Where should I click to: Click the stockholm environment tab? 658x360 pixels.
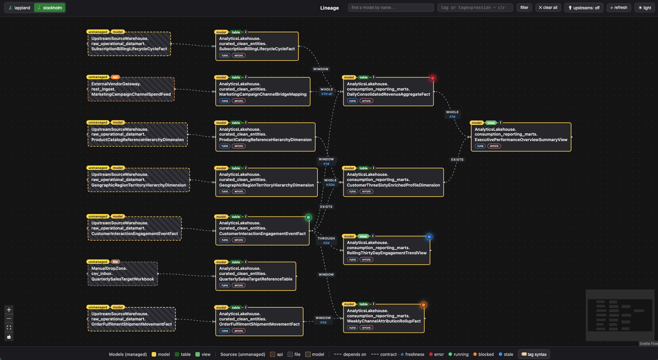tap(50, 8)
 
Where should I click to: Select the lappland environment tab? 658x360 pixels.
tap(19, 8)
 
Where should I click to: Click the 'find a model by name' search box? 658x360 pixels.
tap(391, 8)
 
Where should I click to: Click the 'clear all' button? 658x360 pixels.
tap(548, 8)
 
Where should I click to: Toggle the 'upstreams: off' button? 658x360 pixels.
tap(584, 8)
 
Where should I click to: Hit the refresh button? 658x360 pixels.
tap(618, 8)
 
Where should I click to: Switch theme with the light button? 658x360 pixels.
tap(645, 8)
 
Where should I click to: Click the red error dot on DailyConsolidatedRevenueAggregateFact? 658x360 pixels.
tap(433, 78)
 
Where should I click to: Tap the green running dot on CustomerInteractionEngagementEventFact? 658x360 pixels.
tap(308, 218)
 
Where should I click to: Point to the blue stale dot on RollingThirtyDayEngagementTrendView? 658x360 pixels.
tap(429, 237)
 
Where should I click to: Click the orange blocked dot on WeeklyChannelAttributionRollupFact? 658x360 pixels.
tap(423, 305)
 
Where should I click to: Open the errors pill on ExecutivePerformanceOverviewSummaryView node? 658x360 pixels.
tap(494, 146)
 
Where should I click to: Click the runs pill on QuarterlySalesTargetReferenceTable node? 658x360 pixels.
tap(225, 285)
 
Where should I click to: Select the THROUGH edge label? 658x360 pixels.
tap(326, 239)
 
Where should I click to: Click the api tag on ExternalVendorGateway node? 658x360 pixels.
tap(115, 77)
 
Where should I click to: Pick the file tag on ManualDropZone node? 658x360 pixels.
tap(115, 262)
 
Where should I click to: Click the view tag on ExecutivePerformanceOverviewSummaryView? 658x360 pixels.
tap(491, 123)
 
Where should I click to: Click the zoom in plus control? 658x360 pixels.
tap(9, 310)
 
